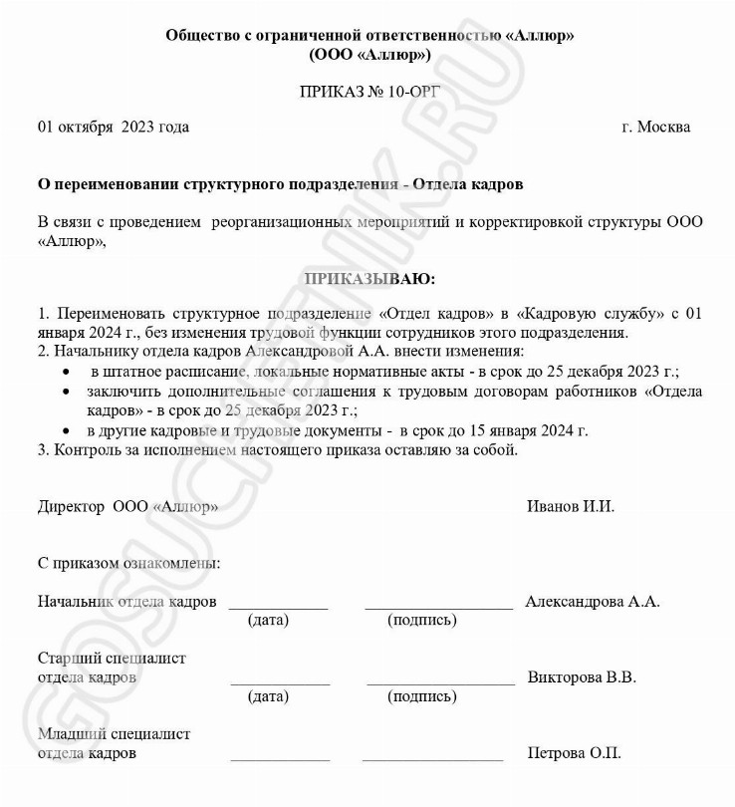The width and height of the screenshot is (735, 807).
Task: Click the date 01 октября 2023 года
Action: [x=113, y=127]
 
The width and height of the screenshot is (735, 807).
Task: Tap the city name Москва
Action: [x=663, y=127]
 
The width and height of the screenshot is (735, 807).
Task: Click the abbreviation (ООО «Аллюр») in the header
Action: [x=369, y=54]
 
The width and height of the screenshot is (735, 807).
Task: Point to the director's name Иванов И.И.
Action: [x=571, y=506]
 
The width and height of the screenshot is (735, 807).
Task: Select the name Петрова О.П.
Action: [x=575, y=753]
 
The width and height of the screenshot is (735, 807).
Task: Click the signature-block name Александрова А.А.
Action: [x=593, y=602]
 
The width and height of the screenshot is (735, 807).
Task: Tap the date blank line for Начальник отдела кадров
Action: [x=278, y=606]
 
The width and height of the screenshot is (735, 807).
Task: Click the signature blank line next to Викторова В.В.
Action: [x=440, y=681]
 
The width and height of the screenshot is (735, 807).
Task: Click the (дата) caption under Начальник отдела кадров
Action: [x=268, y=621]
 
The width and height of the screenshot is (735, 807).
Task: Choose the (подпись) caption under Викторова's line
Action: [x=422, y=696]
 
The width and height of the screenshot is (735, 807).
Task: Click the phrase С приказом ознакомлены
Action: [x=129, y=564]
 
